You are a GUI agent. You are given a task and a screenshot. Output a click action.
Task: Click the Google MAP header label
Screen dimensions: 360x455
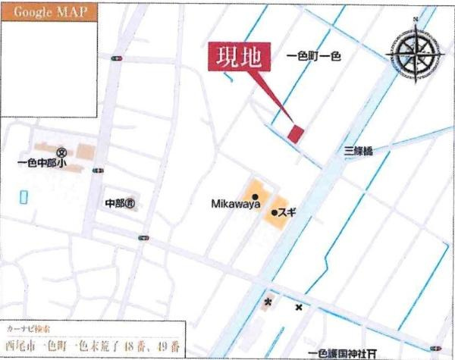(49, 13)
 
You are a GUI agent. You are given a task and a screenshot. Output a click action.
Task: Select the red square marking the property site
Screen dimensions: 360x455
(296, 133)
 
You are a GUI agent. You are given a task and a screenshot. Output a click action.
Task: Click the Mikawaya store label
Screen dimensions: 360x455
(236, 204)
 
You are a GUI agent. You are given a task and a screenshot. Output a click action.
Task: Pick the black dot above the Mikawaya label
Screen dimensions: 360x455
(237, 193)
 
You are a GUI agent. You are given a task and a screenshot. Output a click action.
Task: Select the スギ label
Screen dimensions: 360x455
(287, 213)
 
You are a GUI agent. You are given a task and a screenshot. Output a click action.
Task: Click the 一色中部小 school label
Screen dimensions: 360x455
(43, 162)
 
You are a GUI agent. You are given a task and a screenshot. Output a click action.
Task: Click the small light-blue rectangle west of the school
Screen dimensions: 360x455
(23, 196)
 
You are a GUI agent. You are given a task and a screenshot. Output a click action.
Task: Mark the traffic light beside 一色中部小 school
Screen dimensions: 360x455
(97, 171)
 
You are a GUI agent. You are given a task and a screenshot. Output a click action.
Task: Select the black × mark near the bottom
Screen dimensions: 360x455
(299, 307)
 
